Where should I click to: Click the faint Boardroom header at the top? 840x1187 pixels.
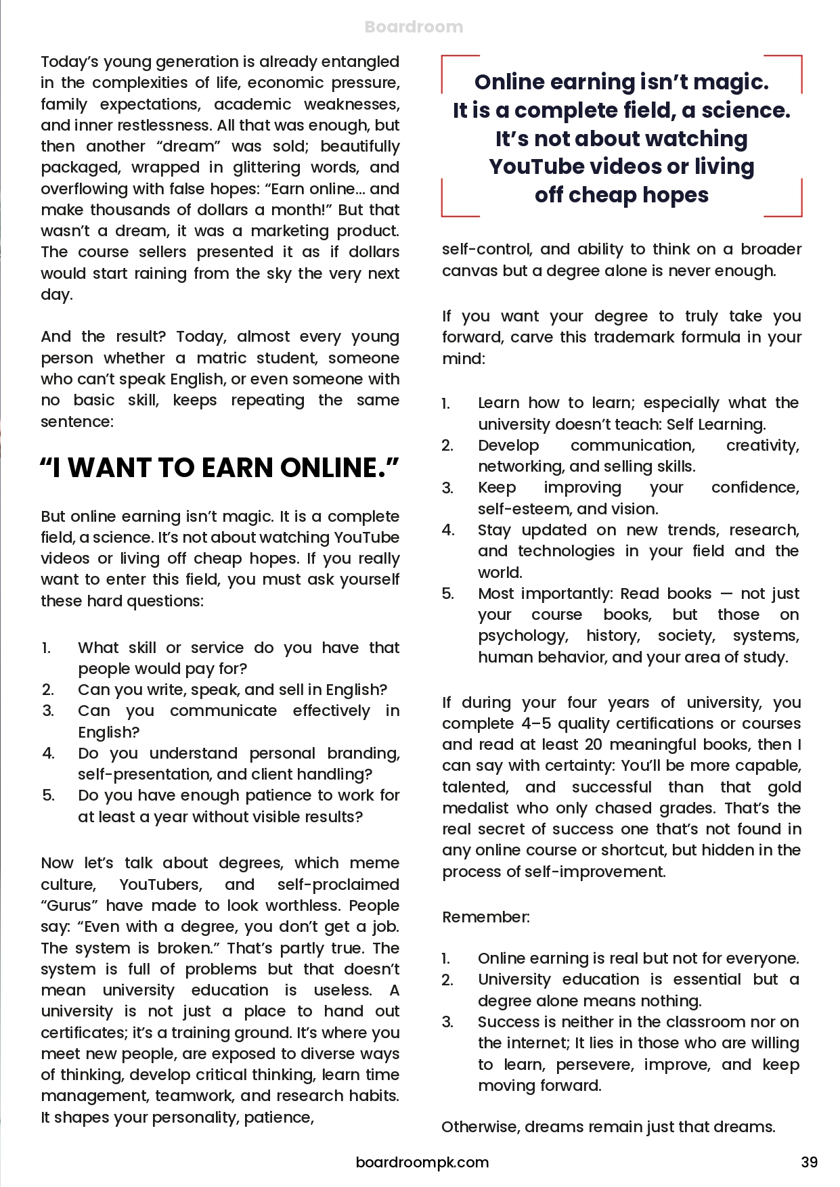[x=414, y=27]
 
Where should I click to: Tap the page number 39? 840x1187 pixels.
[x=809, y=1162]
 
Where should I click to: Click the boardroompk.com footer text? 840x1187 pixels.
[x=422, y=1162]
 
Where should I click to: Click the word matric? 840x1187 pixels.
[x=221, y=358]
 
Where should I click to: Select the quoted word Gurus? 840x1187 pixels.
[x=70, y=905]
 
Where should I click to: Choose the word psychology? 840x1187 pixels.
[x=523, y=635]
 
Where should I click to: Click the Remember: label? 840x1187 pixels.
[x=485, y=917]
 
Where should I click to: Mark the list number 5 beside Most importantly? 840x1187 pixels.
[x=447, y=593]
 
